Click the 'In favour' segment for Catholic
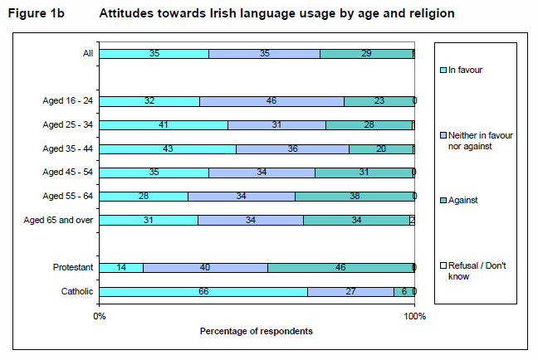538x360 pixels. (x=203, y=291)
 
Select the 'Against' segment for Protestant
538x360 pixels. (x=340, y=267)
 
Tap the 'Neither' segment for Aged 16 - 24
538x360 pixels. (x=271, y=101)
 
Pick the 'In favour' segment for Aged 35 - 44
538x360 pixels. (x=168, y=149)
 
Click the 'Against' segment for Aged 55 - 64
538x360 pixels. (x=354, y=196)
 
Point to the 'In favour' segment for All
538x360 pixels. (x=154, y=53)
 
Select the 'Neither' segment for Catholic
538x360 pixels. (x=350, y=291)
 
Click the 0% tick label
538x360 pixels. (x=100, y=316)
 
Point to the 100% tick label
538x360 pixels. (x=413, y=316)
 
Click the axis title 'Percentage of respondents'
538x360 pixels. (x=257, y=331)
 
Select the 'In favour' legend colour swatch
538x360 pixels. (x=443, y=70)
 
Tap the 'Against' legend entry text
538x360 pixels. (x=463, y=201)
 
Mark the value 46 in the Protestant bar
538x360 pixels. (x=340, y=267)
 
